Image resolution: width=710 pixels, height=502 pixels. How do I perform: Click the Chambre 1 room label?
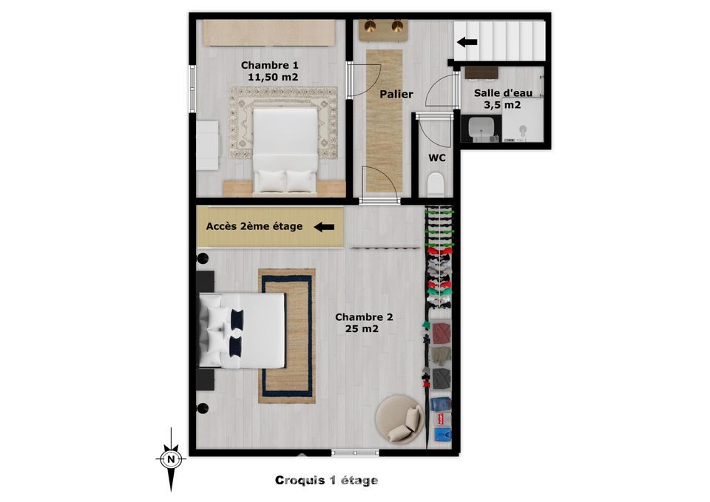[269, 65]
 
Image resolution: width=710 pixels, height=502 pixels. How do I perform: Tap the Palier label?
[396, 94]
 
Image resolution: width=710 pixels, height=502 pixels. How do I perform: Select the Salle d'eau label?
[503, 93]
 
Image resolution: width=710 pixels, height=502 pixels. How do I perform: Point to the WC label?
[437, 158]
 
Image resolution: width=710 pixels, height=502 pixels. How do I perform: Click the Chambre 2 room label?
[364, 317]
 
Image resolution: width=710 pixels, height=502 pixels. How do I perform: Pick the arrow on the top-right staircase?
[467, 43]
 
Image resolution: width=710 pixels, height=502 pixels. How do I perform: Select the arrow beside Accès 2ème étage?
[324, 227]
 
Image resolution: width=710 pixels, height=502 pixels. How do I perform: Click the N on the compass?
[171, 459]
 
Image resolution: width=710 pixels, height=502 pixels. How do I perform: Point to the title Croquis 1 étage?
[326, 481]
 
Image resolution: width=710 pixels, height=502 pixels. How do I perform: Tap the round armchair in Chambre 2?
[400, 418]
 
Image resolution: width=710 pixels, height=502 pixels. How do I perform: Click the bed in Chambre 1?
[285, 151]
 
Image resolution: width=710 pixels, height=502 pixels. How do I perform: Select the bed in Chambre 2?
[243, 330]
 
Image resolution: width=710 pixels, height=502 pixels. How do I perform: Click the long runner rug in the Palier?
[385, 121]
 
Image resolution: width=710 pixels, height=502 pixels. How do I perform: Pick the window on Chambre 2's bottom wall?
[356, 452]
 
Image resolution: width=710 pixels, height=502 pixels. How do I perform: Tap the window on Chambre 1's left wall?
[192, 89]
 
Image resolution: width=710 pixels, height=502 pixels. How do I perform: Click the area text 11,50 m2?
[273, 78]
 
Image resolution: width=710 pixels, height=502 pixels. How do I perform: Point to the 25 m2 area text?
[362, 329]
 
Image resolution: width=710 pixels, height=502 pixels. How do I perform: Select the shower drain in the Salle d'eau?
[523, 129]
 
